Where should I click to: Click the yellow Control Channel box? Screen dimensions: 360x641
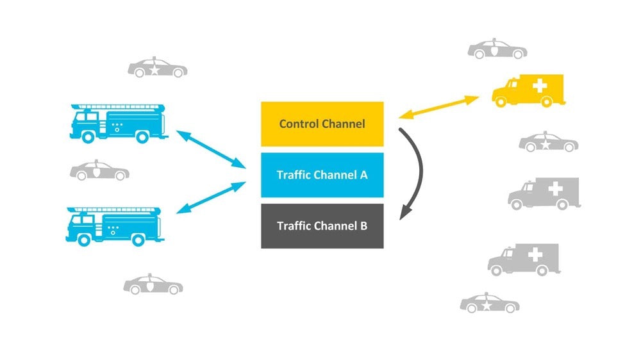coord(322,124)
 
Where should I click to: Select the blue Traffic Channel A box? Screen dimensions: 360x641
coord(322,175)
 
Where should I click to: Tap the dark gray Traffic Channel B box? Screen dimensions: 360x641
coord(322,226)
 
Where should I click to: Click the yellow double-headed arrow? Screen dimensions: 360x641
coord(438,107)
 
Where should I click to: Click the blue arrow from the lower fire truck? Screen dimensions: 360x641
coord(211,197)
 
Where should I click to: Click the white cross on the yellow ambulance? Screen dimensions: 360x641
coord(542,85)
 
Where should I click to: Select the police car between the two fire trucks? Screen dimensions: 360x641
coord(99,172)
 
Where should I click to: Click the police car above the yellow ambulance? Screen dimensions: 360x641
coord(497,49)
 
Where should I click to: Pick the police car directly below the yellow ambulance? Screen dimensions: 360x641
coord(548,142)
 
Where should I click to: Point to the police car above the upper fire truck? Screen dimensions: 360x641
coord(157,68)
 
